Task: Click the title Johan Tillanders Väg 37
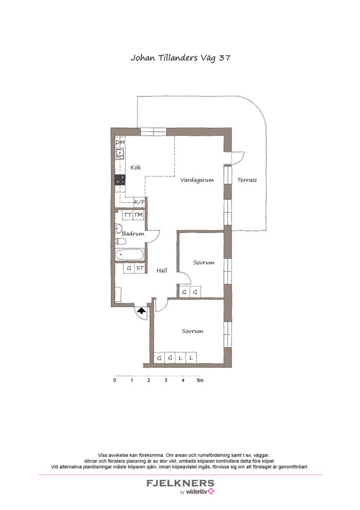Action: click(180, 58)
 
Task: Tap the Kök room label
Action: click(136, 167)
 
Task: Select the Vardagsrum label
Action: click(194, 179)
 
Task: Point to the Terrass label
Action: click(247, 180)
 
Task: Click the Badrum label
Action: click(133, 233)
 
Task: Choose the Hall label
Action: click(162, 271)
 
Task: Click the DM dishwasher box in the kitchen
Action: click(120, 142)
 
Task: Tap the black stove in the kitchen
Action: click(120, 179)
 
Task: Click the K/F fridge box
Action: click(140, 202)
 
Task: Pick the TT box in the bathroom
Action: click(127, 215)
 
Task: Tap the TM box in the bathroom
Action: click(138, 215)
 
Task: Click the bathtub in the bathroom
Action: click(129, 255)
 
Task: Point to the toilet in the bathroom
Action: click(120, 241)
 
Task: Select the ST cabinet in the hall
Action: click(140, 268)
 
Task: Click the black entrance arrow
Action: click(141, 310)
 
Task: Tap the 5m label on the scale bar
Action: click(200, 380)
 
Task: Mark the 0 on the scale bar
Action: click(115, 380)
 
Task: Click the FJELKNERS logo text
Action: click(180, 483)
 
